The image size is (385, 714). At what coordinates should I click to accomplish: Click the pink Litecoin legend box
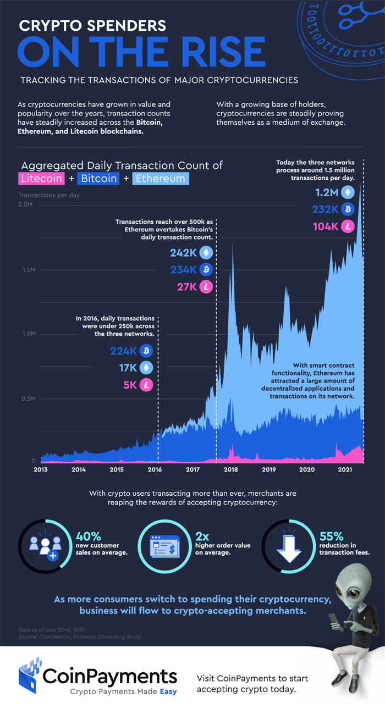(x=42, y=179)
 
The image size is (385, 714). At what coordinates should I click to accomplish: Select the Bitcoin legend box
(x=99, y=179)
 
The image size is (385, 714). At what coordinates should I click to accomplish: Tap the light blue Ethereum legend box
(x=161, y=179)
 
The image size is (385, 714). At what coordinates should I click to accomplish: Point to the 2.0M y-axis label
(x=26, y=204)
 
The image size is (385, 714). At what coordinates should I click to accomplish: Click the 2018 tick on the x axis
(x=230, y=470)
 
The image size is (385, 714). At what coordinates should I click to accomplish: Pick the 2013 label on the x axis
(x=41, y=470)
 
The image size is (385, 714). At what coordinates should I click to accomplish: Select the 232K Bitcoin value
(x=327, y=209)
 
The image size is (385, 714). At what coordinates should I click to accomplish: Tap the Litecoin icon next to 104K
(x=347, y=226)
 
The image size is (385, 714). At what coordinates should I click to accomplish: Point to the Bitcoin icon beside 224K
(x=146, y=351)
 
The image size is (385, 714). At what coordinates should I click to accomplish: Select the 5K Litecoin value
(x=130, y=385)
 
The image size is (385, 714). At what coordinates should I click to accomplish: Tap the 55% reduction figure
(x=332, y=535)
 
